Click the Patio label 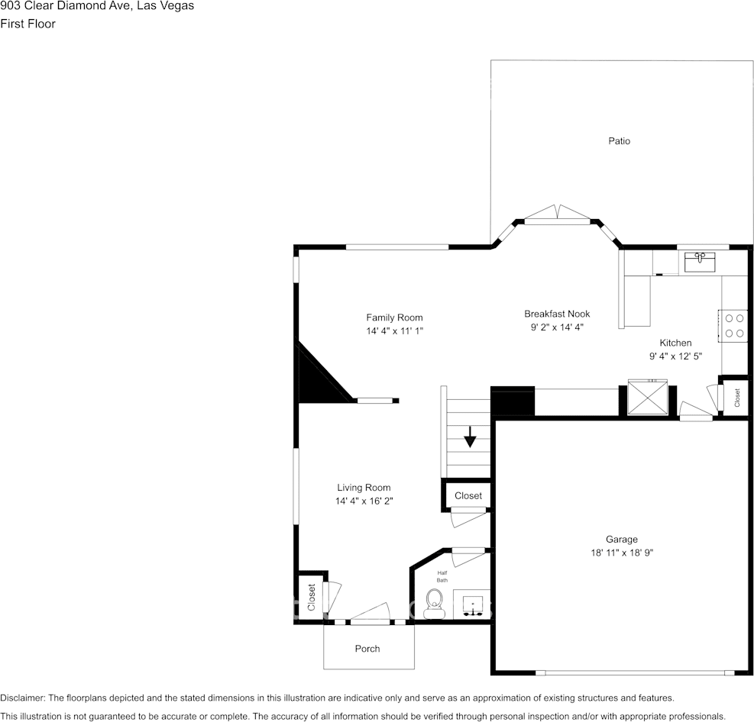pyautogui.click(x=619, y=140)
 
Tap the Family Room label pyautogui.click(x=394, y=317)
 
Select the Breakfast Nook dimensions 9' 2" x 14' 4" pyautogui.click(x=557, y=327)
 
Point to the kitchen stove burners pyautogui.click(x=735, y=325)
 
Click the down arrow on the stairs pyautogui.click(x=470, y=439)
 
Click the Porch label pyautogui.click(x=367, y=649)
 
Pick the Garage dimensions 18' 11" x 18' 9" pyautogui.click(x=622, y=553)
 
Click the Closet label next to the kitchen pyautogui.click(x=737, y=397)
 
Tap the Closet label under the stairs pyautogui.click(x=468, y=495)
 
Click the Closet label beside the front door pyautogui.click(x=312, y=597)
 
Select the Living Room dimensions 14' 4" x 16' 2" pyautogui.click(x=364, y=501)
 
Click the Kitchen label pyautogui.click(x=675, y=343)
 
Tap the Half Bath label pyautogui.click(x=442, y=576)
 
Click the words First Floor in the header pyautogui.click(x=28, y=24)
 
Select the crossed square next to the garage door pyautogui.click(x=646, y=397)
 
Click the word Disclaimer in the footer pyautogui.click(x=23, y=698)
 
